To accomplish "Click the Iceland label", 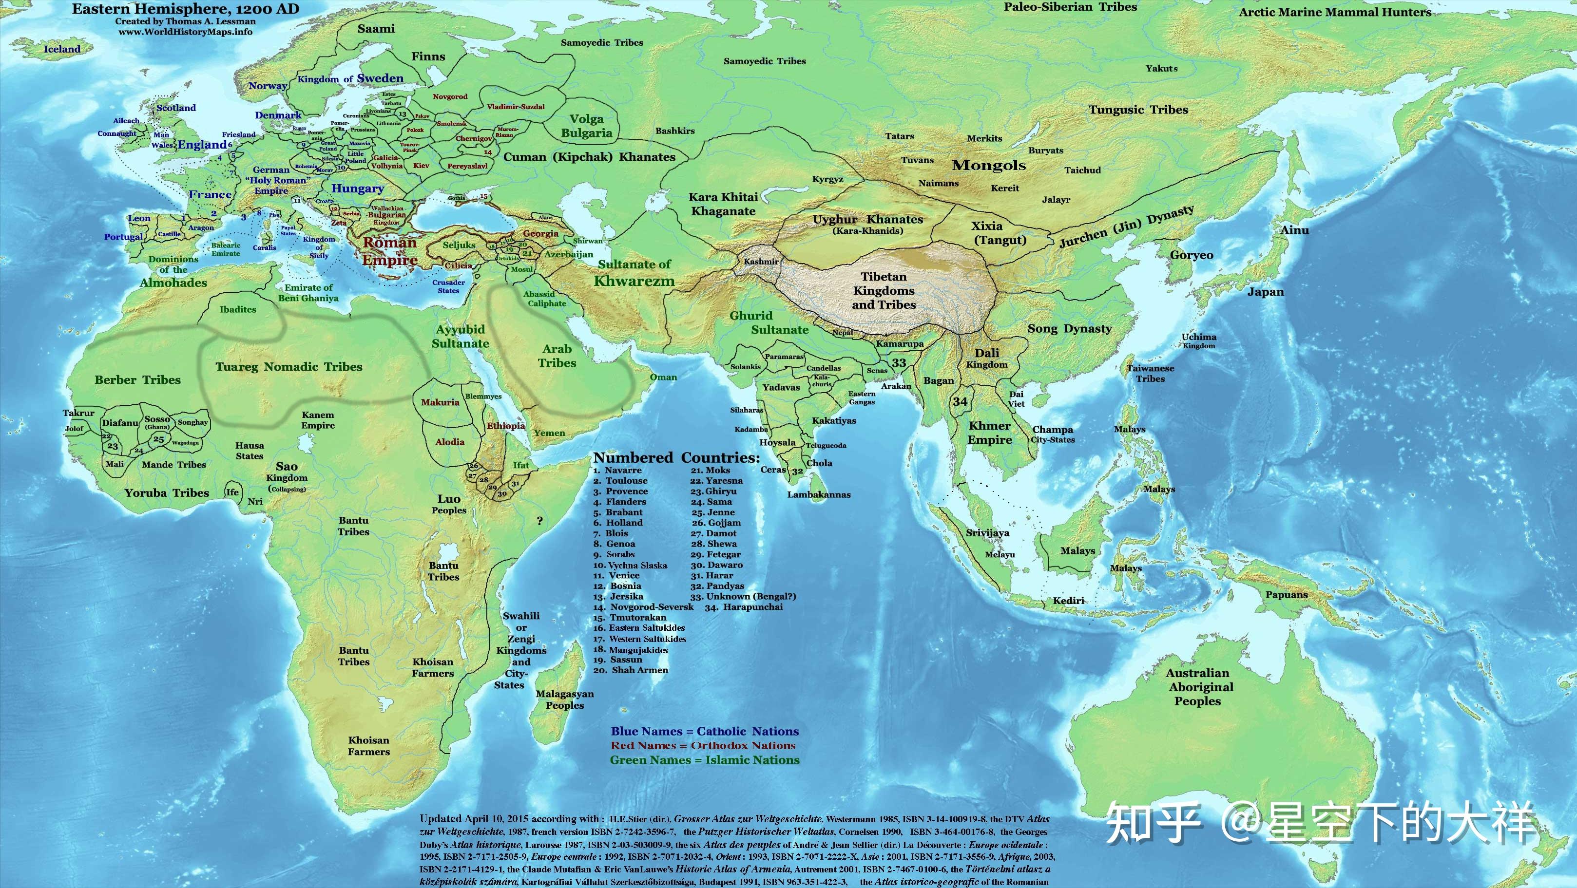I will point(62,49).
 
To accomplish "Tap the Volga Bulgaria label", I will point(586,126).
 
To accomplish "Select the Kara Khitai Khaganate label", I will point(723,204).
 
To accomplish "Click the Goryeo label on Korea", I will point(1192,255).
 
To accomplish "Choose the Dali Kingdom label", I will point(987,358).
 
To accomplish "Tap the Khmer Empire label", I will point(989,433).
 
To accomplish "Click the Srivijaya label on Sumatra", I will point(987,532).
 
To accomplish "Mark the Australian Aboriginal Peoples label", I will point(1197,687).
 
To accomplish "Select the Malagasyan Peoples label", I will point(564,699).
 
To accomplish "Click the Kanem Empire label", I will point(318,420).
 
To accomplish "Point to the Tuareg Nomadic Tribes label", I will point(288,367).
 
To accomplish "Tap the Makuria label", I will point(440,402).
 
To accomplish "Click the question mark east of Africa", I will point(539,521).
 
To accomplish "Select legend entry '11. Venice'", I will point(616,575).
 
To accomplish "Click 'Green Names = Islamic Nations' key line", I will point(705,759).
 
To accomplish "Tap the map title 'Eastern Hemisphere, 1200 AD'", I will point(186,9).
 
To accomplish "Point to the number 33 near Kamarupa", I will point(899,362).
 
